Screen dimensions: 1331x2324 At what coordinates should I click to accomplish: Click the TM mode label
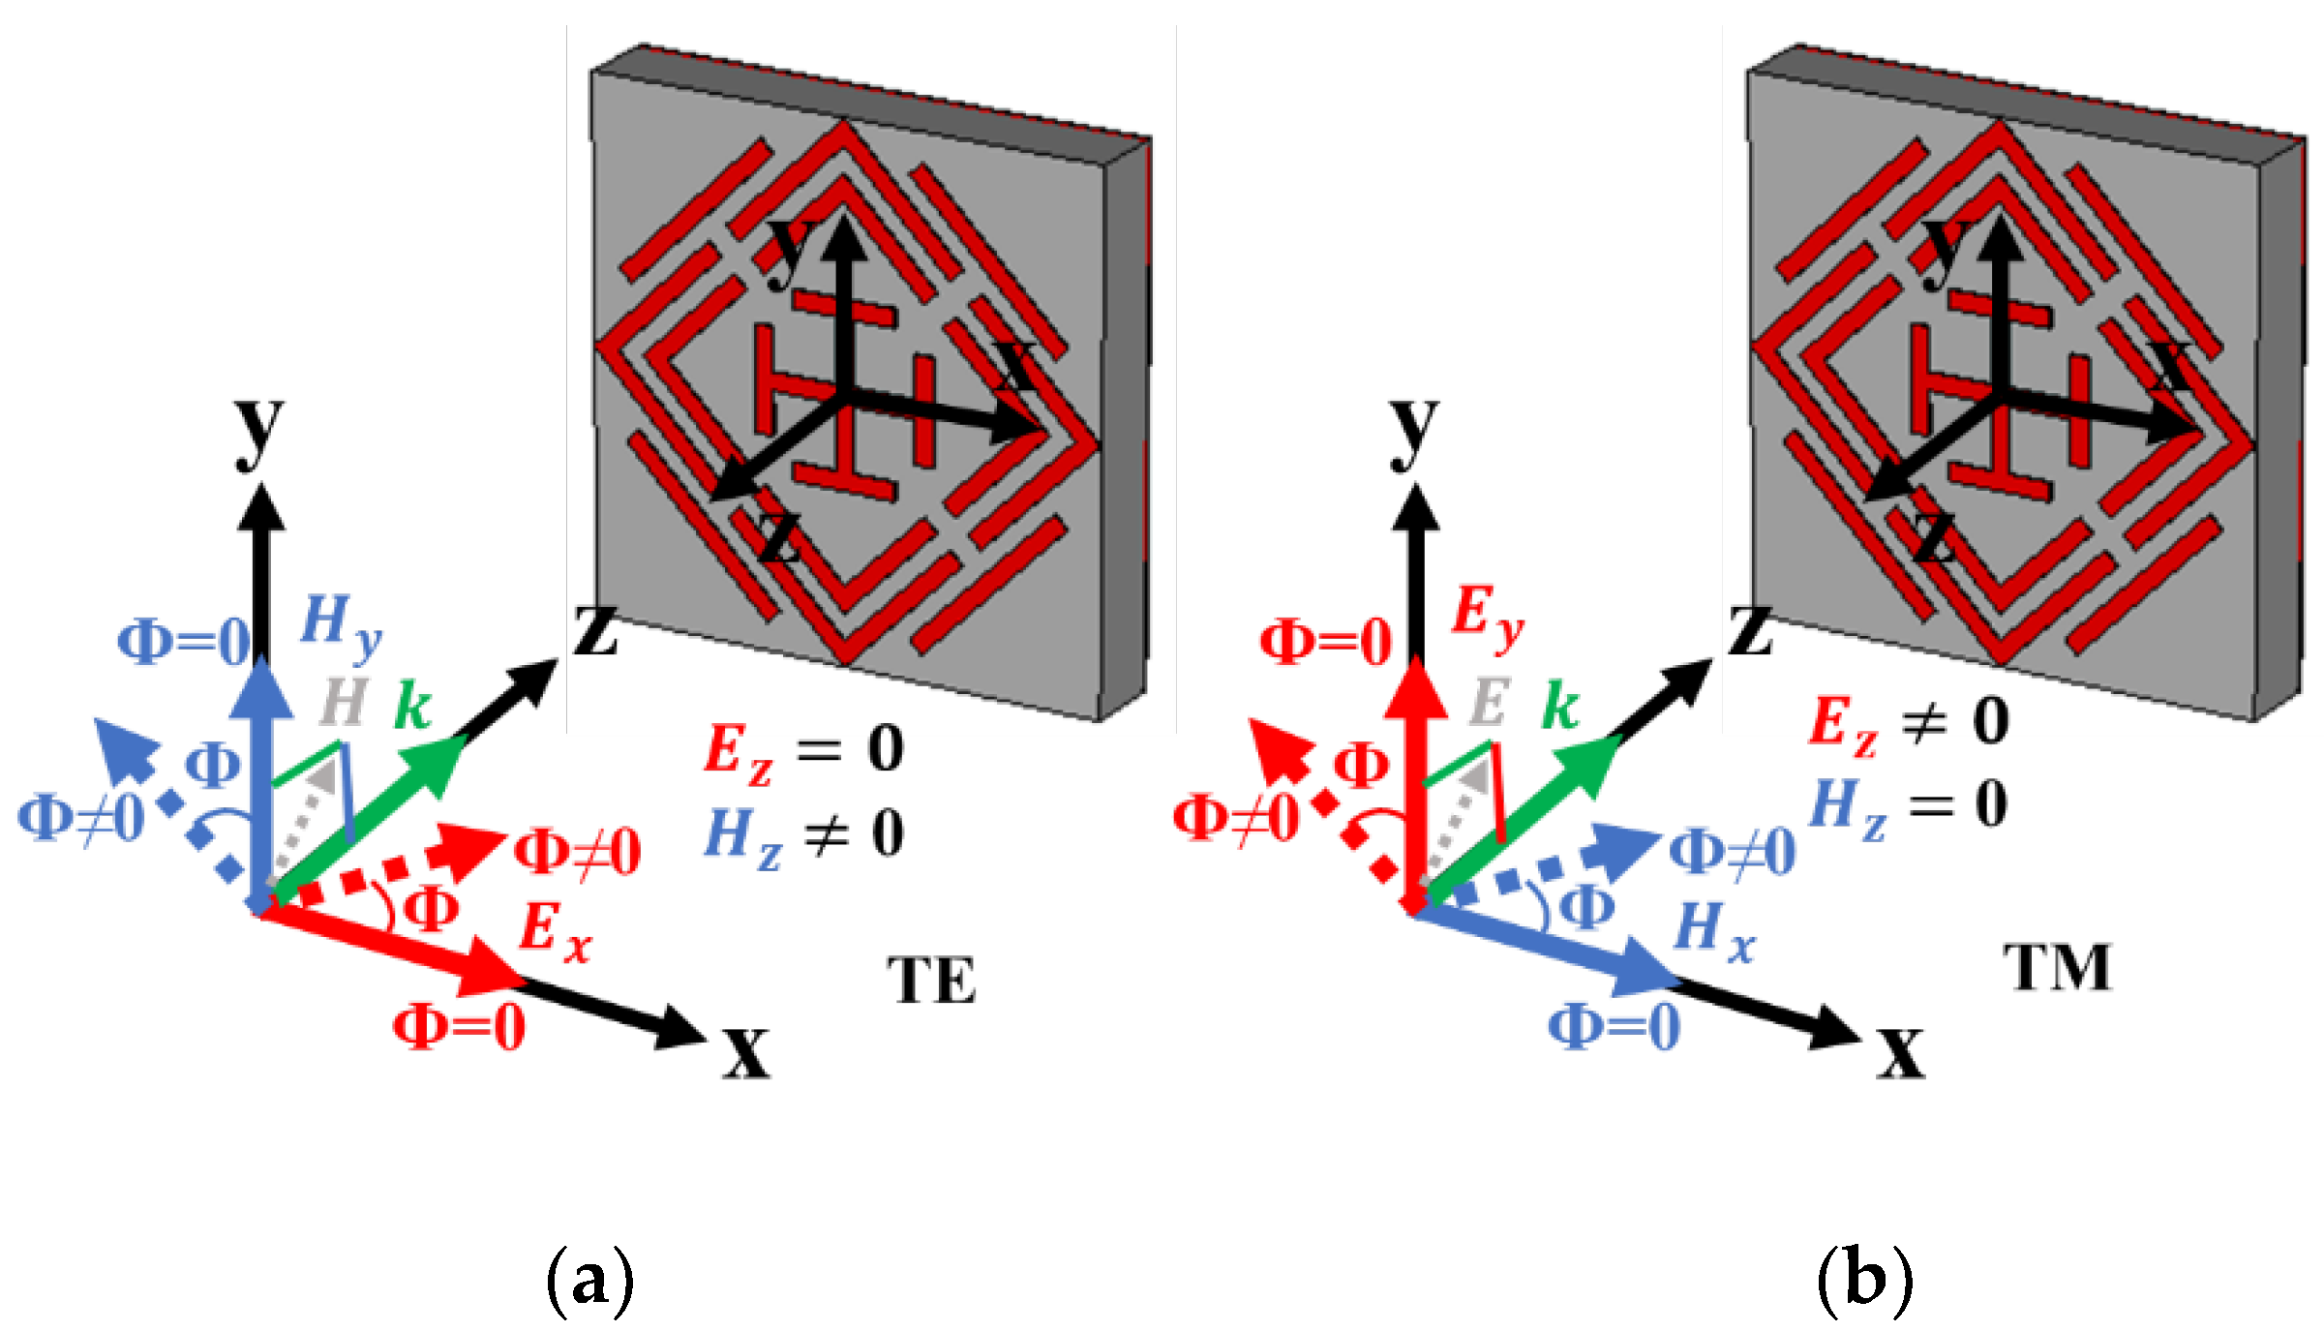[2058, 967]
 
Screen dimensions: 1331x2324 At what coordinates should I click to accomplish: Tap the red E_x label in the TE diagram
[555, 932]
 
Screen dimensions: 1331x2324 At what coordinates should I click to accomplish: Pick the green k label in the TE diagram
[412, 707]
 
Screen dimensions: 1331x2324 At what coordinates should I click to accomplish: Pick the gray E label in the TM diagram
[1489, 703]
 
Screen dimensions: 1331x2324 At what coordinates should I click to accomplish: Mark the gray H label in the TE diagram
[343, 703]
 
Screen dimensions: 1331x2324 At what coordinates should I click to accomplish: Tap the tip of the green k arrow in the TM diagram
[1617, 741]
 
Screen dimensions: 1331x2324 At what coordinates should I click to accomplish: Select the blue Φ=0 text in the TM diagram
[1615, 1026]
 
